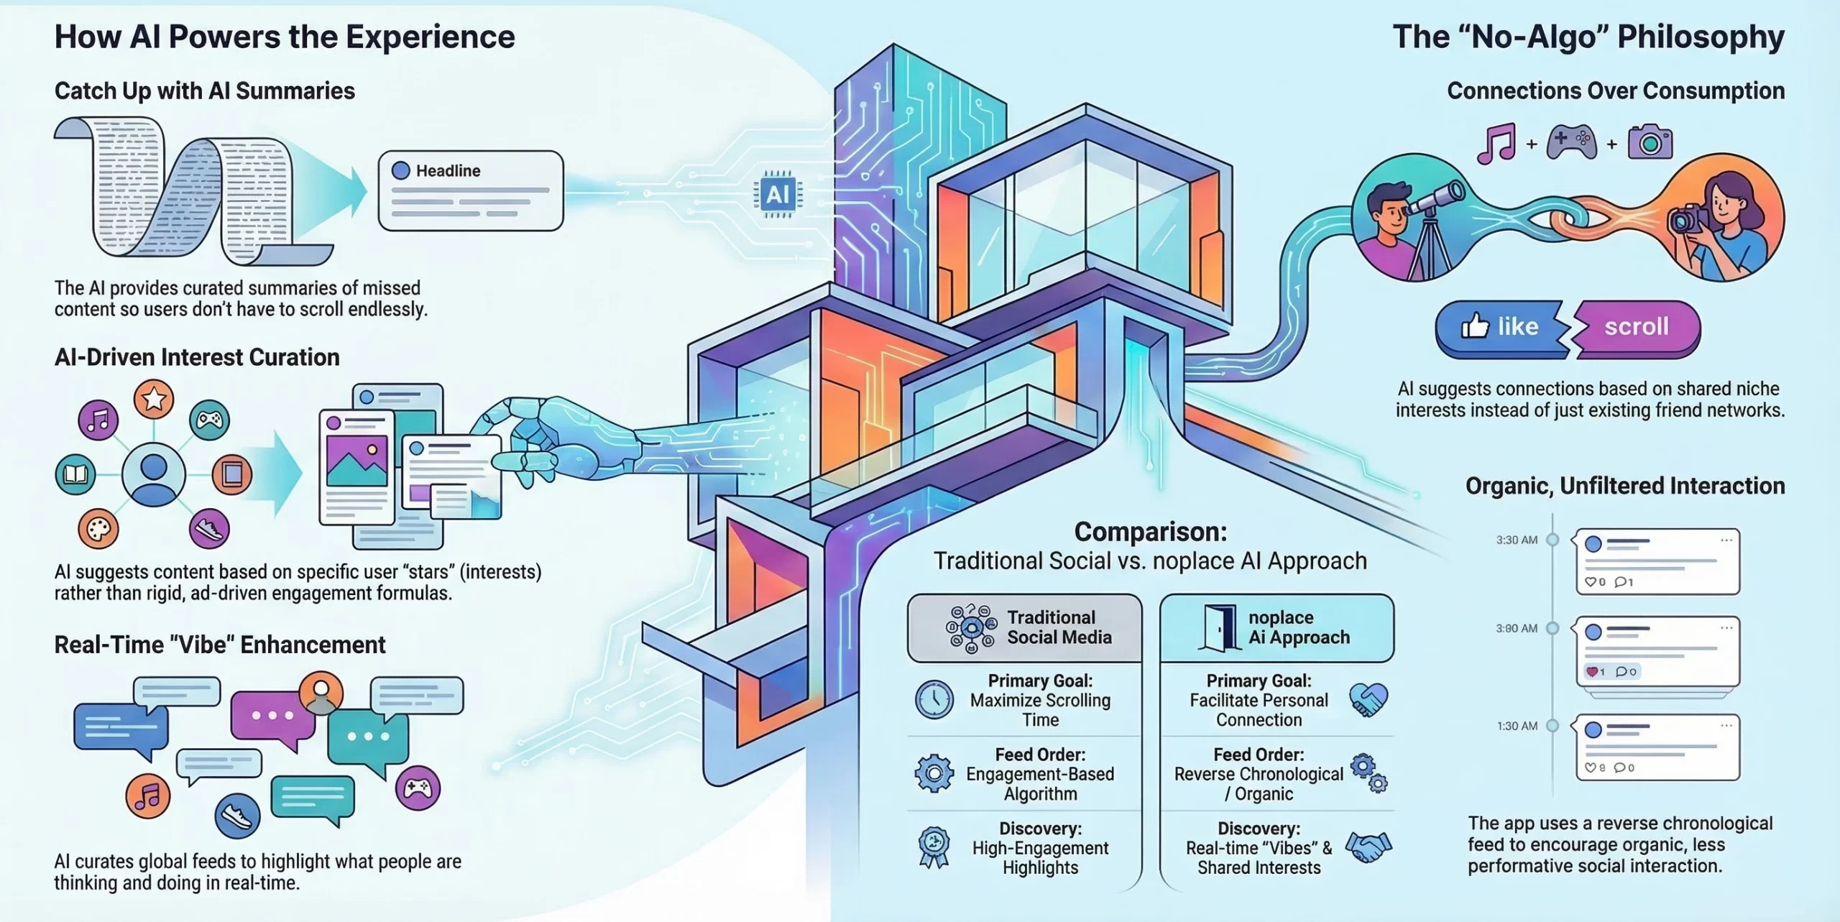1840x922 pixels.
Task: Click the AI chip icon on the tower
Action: click(778, 194)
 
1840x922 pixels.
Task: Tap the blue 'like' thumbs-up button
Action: click(1499, 327)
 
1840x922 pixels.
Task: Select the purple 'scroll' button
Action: click(1637, 327)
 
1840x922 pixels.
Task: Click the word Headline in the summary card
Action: click(448, 171)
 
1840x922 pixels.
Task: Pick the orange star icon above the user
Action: click(154, 399)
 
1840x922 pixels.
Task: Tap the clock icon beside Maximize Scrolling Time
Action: click(934, 699)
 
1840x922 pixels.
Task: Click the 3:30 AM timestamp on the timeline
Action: click(1517, 540)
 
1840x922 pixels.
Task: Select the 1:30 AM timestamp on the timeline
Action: click(1517, 726)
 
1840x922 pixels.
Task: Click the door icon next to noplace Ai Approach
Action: click(1219, 627)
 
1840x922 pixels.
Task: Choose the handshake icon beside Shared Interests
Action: click(1368, 847)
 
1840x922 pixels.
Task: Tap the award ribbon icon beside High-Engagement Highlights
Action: click(934, 847)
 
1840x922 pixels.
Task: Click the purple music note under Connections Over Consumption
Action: click(1496, 144)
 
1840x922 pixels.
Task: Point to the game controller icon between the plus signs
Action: click(1571, 142)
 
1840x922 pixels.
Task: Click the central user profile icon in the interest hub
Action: click(154, 474)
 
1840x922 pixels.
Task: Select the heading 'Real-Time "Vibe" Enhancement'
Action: click(220, 645)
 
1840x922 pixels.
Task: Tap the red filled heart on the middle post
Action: click(1591, 672)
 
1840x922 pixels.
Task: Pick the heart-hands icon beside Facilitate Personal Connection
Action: click(1368, 699)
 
